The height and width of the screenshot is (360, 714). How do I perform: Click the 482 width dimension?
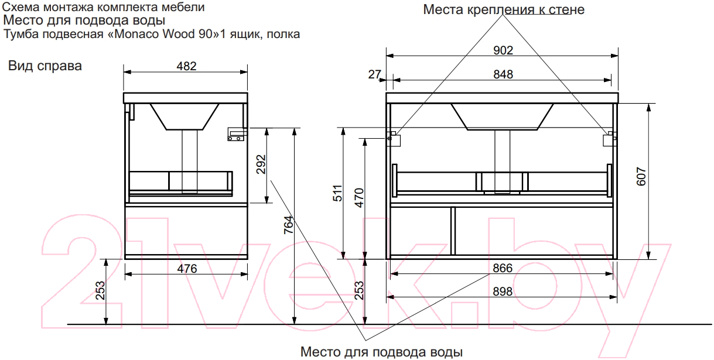(x=186, y=66)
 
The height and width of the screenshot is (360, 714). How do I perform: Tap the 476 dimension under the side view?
(x=187, y=269)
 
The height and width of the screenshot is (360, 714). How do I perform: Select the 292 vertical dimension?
(x=261, y=164)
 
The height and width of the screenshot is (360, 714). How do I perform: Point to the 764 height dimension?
(x=288, y=225)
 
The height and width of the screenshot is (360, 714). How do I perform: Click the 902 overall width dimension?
(x=503, y=50)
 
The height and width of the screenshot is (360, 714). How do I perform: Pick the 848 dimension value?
(x=503, y=74)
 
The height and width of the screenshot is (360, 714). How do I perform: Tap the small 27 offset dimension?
(x=374, y=74)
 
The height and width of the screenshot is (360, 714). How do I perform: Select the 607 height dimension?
(x=641, y=176)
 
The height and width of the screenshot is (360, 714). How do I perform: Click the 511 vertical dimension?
(x=337, y=193)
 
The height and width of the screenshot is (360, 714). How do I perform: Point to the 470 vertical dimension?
(x=359, y=198)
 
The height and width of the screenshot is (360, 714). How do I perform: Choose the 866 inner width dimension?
(x=503, y=268)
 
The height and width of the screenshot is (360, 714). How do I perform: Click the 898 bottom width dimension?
(x=503, y=292)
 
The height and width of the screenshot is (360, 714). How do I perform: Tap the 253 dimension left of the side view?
(x=100, y=290)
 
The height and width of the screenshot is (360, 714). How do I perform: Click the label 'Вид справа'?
(x=45, y=66)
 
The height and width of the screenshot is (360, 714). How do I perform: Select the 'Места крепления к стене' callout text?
(x=504, y=9)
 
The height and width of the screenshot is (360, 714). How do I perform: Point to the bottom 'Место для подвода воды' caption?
(x=381, y=352)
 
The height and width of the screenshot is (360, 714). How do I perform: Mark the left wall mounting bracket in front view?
(x=394, y=139)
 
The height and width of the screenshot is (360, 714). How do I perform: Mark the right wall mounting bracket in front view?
(x=610, y=139)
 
